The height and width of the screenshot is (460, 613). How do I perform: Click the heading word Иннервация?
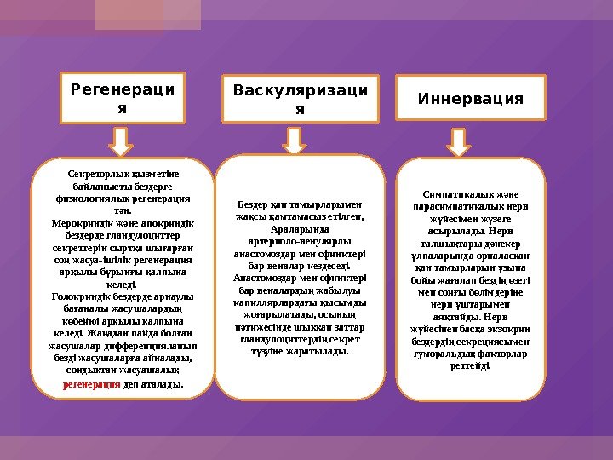click(470, 99)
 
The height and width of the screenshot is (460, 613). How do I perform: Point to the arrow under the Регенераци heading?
click(123, 141)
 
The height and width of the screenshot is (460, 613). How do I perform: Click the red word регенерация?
click(92, 385)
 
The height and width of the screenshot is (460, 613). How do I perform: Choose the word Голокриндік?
click(83, 296)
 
